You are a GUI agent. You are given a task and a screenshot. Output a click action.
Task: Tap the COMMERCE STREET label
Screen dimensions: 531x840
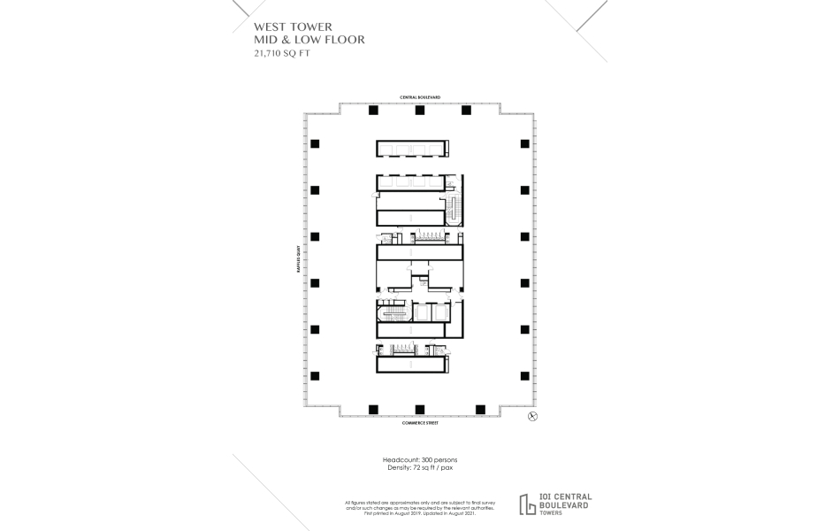[419, 424]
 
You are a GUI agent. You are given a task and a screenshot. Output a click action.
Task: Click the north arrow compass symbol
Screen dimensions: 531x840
[532, 416]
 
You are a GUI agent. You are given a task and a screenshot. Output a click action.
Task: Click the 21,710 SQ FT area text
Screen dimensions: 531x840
[283, 53]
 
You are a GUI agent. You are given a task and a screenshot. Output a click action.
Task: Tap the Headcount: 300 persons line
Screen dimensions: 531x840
[419, 461]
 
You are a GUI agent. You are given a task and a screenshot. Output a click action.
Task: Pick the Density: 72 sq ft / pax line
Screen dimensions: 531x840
[419, 468]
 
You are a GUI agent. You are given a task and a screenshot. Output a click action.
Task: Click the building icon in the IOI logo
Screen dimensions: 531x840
[528, 504]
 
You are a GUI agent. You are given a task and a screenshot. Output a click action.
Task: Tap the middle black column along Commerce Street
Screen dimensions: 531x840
[420, 408]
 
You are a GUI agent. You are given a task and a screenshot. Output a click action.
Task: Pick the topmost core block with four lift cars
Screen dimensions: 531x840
[412, 149]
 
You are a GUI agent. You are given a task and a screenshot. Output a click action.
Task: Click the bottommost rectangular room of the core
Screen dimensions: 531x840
[412, 364]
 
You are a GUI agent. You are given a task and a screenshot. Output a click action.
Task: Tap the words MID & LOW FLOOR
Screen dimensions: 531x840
[309, 40]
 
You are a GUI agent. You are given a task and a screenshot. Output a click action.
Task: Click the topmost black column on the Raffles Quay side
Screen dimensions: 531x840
[315, 144]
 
